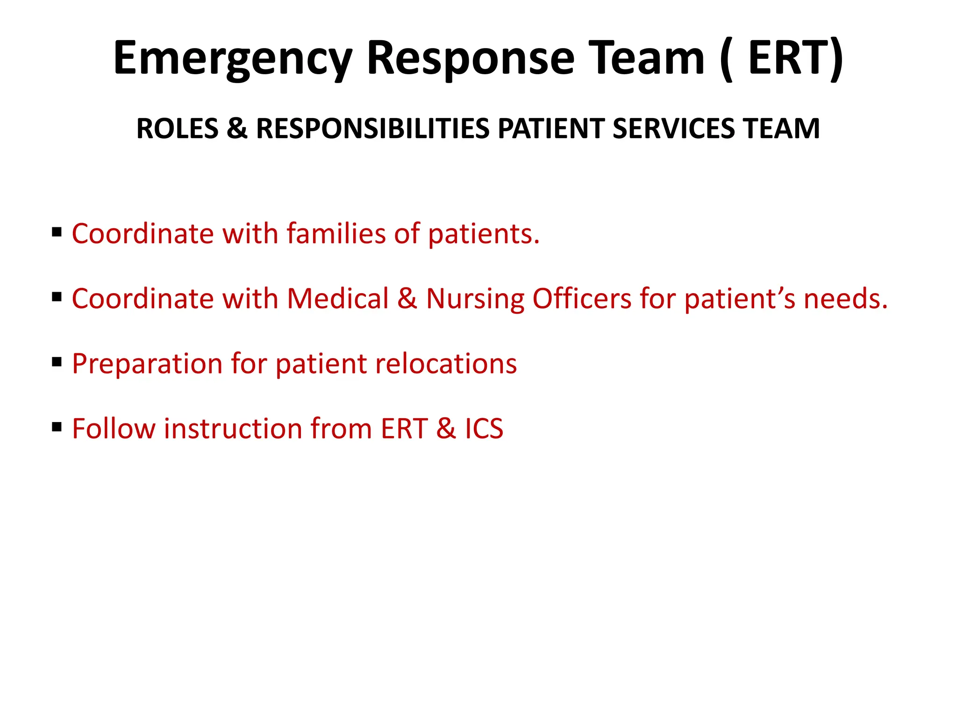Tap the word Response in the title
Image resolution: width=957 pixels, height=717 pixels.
pyautogui.click(x=471, y=58)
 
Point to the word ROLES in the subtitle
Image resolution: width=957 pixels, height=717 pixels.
pyautogui.click(x=177, y=129)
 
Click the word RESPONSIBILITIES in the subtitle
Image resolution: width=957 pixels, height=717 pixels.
pyautogui.click(x=372, y=129)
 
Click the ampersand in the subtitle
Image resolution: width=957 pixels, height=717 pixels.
pyautogui.click(x=237, y=129)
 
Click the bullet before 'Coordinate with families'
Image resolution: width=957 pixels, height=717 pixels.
pyautogui.click(x=57, y=232)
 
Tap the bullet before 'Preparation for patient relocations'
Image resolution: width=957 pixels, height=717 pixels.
pyautogui.click(x=57, y=362)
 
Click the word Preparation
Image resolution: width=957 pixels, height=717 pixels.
pyautogui.click(x=147, y=365)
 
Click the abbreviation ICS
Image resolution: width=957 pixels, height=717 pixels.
pyautogui.click(x=484, y=429)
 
